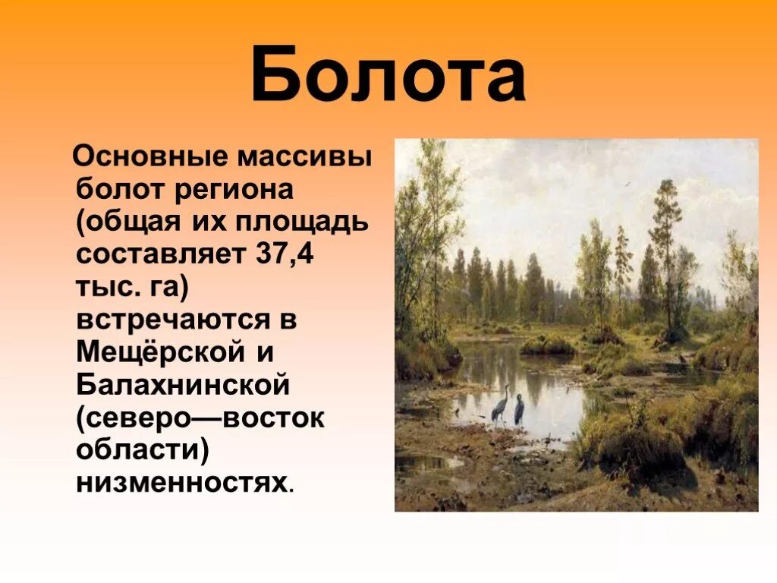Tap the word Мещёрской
[162, 352]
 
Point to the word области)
[142, 449]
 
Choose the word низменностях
[182, 481]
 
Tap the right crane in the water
[519, 408]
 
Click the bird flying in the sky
[626, 184]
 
